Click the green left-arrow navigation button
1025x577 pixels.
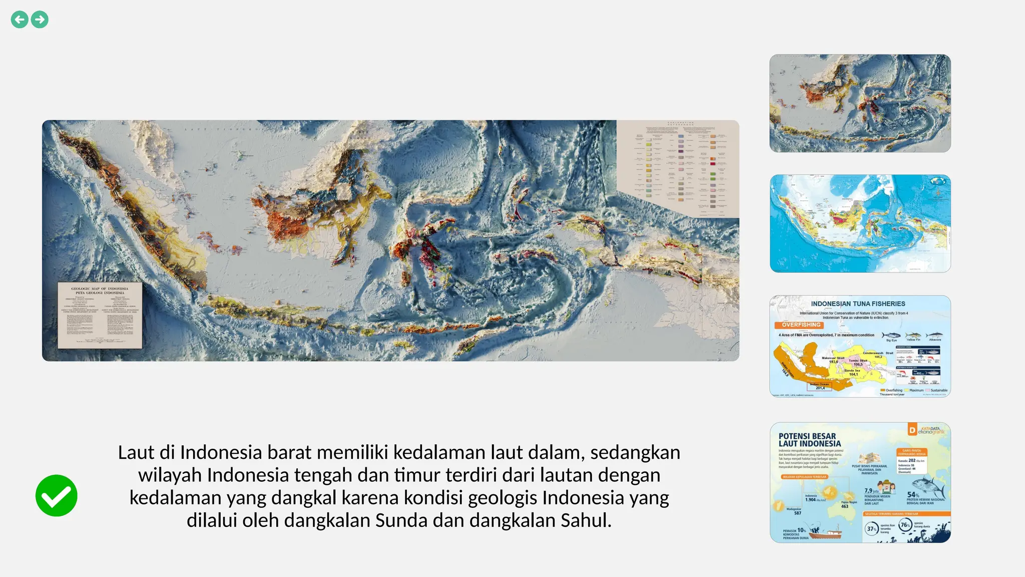pos(20,20)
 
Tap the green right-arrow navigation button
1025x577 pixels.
pos(40,20)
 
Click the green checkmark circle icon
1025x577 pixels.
pos(57,495)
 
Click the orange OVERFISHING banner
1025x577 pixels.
pos(801,325)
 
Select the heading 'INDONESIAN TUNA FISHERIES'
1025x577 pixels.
pos(858,304)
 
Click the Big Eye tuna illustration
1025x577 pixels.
pos(890,335)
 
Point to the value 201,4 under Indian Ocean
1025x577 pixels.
pos(820,388)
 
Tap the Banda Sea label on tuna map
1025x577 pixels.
pos(852,371)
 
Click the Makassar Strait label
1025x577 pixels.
pos(833,358)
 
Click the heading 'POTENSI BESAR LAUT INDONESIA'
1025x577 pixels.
pos(809,440)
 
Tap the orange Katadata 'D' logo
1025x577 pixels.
pos(912,430)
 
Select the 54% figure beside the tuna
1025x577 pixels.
pos(913,494)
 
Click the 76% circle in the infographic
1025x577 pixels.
pos(905,525)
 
